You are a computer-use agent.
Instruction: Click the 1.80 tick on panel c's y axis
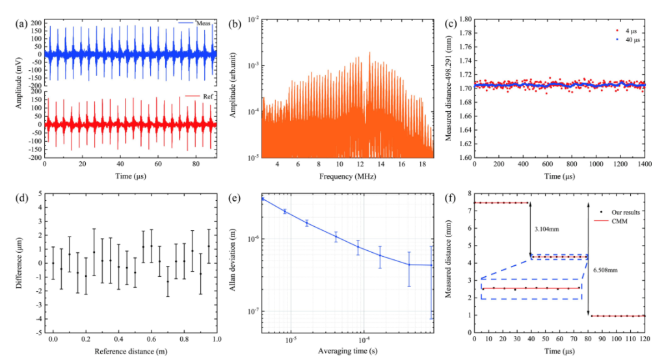[x=462, y=19]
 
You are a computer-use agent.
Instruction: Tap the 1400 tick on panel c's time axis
[x=645, y=165]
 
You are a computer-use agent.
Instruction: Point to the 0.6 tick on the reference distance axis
[x=152, y=339]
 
